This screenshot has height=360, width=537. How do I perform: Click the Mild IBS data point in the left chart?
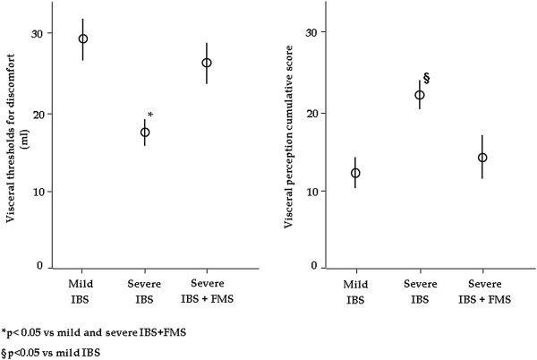(x=83, y=39)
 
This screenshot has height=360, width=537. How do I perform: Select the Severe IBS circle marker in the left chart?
(x=145, y=132)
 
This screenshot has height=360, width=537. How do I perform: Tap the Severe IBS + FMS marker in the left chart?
(x=207, y=63)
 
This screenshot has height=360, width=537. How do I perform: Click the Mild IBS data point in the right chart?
(x=355, y=173)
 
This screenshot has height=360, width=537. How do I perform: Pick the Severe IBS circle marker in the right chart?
(x=419, y=95)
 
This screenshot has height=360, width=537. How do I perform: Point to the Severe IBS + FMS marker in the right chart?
(x=482, y=158)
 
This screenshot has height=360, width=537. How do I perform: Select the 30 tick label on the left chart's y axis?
(x=36, y=33)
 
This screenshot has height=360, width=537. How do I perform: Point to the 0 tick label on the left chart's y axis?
(x=39, y=267)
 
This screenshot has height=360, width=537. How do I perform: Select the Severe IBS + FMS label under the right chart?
(x=482, y=289)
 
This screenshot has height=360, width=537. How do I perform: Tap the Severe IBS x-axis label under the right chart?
(x=419, y=289)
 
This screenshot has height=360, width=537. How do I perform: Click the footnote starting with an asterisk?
(x=89, y=331)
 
